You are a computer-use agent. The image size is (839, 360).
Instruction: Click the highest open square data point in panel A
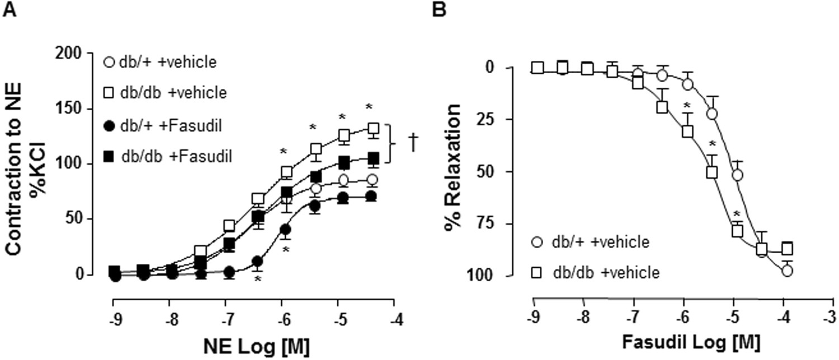[371, 129]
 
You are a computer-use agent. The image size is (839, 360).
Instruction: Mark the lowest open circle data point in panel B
[788, 271]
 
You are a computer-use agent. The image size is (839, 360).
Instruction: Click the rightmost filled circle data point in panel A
[370, 196]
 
